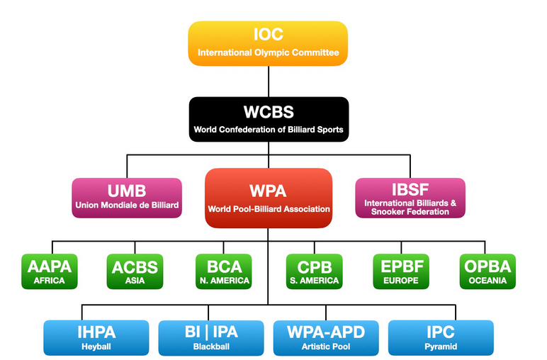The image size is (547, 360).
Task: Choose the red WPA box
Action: tap(269, 198)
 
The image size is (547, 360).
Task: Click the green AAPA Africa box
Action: tap(49, 271)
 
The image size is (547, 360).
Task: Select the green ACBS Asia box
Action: tap(135, 271)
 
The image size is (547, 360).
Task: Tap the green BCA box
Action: tap(223, 271)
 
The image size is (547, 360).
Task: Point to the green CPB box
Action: tap(314, 271)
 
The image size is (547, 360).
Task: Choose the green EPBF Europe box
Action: tap(400, 271)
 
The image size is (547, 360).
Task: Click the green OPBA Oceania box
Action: tap(487, 271)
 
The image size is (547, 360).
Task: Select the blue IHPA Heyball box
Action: tap(96, 337)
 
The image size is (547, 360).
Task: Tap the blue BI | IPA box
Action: tap(211, 337)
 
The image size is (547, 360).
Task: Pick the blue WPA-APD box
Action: tap(326, 337)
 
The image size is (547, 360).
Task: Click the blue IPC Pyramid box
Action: tap(441, 337)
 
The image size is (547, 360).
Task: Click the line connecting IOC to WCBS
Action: tap(269, 81)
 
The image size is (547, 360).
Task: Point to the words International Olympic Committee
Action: tap(269, 52)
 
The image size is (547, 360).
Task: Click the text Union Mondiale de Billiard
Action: tap(127, 206)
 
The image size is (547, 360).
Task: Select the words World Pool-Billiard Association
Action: tap(269, 210)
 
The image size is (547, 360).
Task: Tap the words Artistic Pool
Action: tap(326, 347)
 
